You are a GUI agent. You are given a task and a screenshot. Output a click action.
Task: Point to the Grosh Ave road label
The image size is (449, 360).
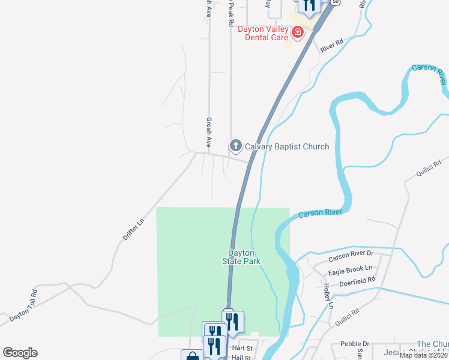209,133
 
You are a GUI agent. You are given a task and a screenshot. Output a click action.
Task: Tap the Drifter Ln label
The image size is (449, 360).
133,229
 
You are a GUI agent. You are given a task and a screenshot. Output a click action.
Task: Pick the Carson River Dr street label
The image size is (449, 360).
350,259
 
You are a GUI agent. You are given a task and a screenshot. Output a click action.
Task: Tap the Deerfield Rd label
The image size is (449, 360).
357,281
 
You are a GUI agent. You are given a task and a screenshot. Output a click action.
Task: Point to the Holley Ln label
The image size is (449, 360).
328,296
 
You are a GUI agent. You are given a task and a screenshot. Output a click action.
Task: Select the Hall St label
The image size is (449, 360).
240,357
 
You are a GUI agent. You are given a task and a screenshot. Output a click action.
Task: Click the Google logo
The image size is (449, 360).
20,353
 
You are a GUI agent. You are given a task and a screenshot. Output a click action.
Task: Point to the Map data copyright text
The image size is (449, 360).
424,355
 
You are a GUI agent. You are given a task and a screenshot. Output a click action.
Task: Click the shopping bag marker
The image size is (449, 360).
192,356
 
